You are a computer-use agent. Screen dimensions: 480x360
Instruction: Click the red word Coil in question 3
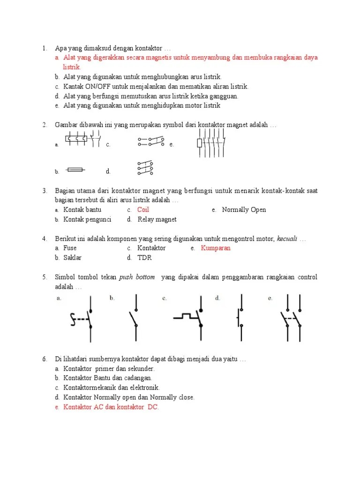point(143,210)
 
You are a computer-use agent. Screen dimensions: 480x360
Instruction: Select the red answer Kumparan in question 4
point(216,248)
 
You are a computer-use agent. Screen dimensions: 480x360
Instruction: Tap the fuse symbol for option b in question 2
point(75,171)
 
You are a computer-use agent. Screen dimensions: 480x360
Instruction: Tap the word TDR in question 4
point(144,258)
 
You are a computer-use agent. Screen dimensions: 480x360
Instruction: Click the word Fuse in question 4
point(70,248)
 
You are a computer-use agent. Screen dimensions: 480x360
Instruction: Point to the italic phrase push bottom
point(137,277)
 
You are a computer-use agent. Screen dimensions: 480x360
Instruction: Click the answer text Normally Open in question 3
point(244,210)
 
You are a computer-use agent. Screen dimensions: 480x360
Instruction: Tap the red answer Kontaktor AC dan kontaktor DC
point(111,407)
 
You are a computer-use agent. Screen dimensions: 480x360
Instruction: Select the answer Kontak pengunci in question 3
point(87,219)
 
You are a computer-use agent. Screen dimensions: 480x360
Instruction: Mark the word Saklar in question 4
point(72,258)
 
